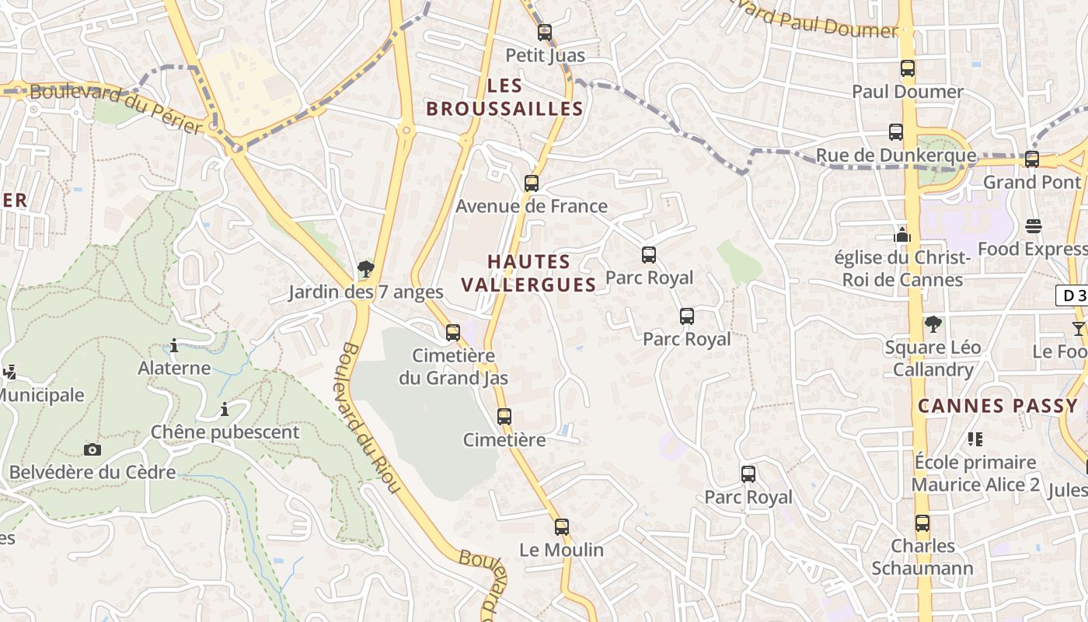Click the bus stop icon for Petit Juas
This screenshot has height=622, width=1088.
click(x=545, y=33)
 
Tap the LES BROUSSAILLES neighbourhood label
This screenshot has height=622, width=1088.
click(x=504, y=97)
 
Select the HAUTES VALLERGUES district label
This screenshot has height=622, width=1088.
click(x=529, y=273)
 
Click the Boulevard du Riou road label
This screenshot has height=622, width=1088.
click(x=370, y=418)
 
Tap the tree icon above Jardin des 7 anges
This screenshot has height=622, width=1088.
click(x=365, y=270)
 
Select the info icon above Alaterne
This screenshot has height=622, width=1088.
click(x=174, y=345)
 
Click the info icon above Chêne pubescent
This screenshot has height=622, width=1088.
click(x=225, y=409)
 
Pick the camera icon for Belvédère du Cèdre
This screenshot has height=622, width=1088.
click(x=92, y=449)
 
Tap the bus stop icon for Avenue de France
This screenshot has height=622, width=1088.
click(x=532, y=183)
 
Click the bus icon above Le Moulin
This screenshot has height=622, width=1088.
click(x=562, y=527)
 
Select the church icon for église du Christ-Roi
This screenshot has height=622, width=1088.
click(x=901, y=234)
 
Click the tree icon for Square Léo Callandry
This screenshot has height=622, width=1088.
click(x=933, y=324)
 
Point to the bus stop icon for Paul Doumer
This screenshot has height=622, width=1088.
click(x=908, y=68)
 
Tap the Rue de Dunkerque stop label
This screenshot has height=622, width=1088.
click(x=896, y=155)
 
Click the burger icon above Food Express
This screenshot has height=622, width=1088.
click(x=1033, y=226)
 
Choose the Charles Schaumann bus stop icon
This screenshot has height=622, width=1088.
click(x=922, y=523)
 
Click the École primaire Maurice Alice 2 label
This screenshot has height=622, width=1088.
click(x=975, y=473)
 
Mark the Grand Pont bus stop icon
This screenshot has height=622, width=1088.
click(x=1032, y=159)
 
